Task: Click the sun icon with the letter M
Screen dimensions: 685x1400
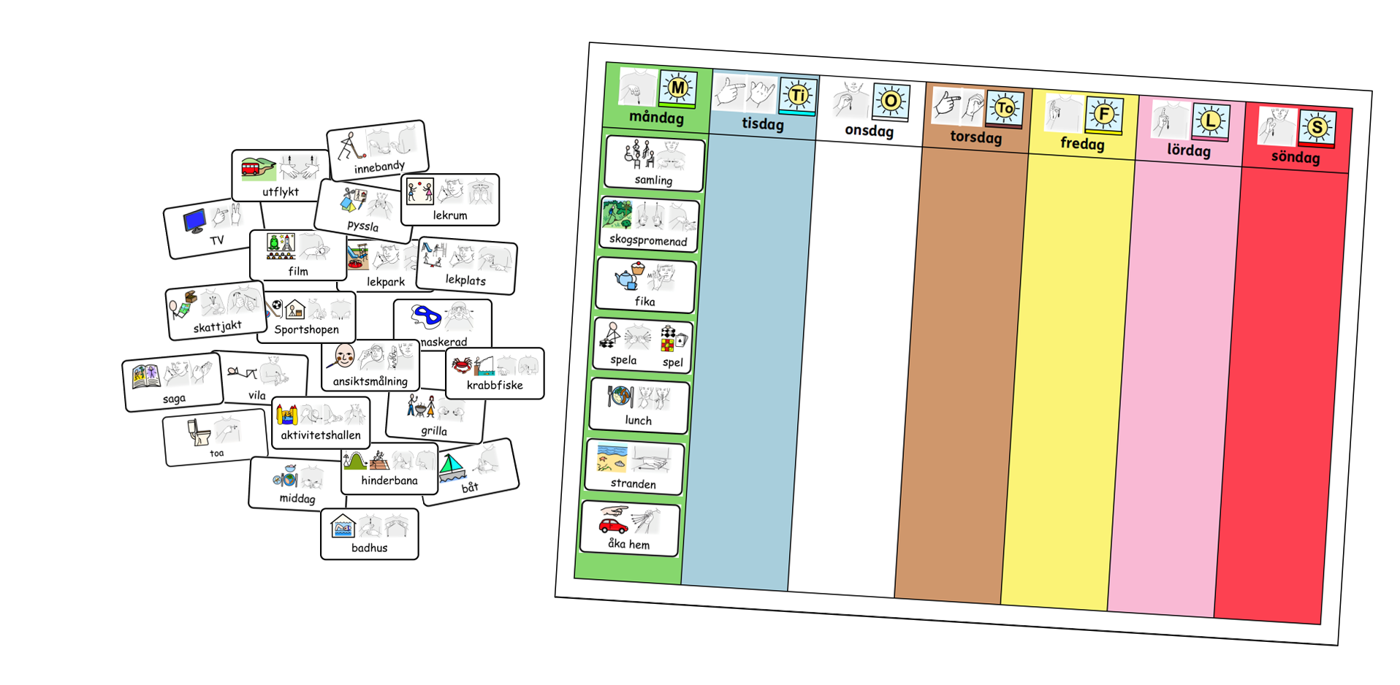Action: (677, 88)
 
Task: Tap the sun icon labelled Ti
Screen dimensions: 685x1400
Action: (798, 95)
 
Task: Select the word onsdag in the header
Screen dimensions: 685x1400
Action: (869, 131)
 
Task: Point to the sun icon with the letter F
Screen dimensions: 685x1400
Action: (1103, 114)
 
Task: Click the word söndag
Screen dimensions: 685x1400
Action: (1295, 157)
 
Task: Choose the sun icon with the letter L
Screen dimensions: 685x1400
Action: (1210, 120)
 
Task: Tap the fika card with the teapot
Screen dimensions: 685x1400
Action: (644, 286)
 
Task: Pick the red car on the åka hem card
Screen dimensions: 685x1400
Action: (613, 524)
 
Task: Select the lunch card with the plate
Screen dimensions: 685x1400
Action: (639, 406)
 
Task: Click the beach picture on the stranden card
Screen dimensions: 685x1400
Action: (612, 458)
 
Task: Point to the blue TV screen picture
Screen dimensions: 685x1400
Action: (194, 221)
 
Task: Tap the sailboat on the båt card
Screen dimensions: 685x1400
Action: (452, 467)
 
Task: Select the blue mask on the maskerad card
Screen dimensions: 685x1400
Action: (425, 317)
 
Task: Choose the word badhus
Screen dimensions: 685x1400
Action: (369, 548)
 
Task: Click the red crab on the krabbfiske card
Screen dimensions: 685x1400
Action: (461, 364)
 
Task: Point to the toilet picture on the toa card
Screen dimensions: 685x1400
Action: (199, 432)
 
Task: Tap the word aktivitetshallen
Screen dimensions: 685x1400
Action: (321, 435)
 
